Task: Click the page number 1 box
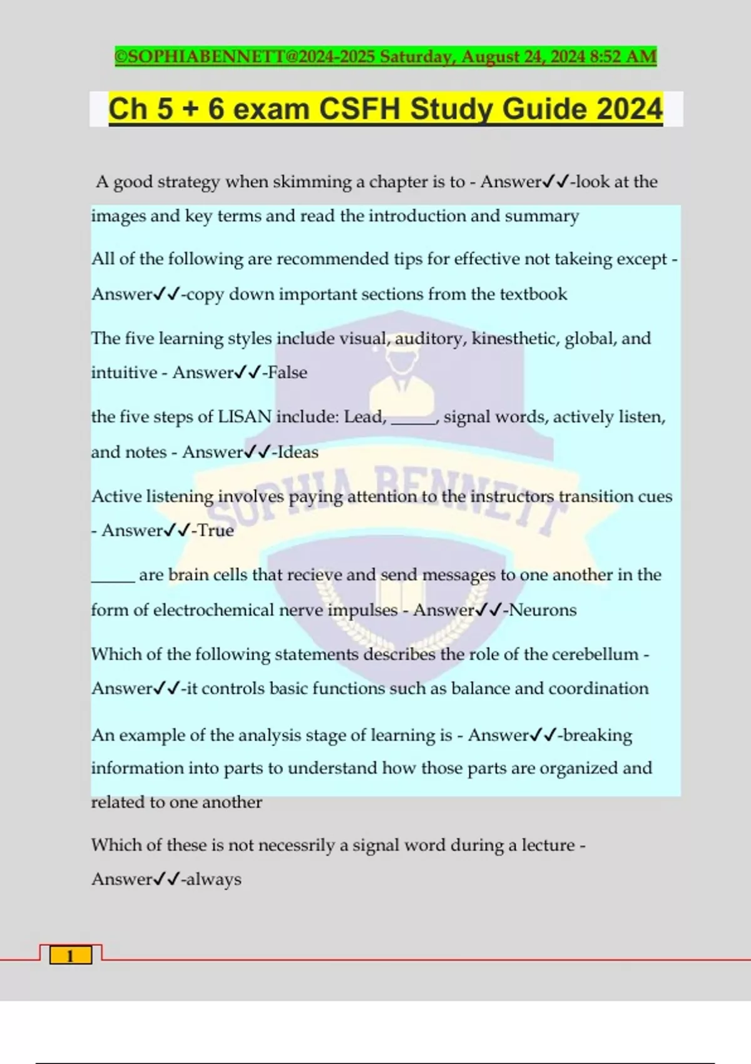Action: [70, 956]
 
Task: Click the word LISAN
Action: [245, 417]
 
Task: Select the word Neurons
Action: [543, 610]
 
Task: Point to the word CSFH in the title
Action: [359, 109]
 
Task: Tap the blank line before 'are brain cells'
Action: [113, 579]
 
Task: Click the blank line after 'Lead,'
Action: [413, 421]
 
